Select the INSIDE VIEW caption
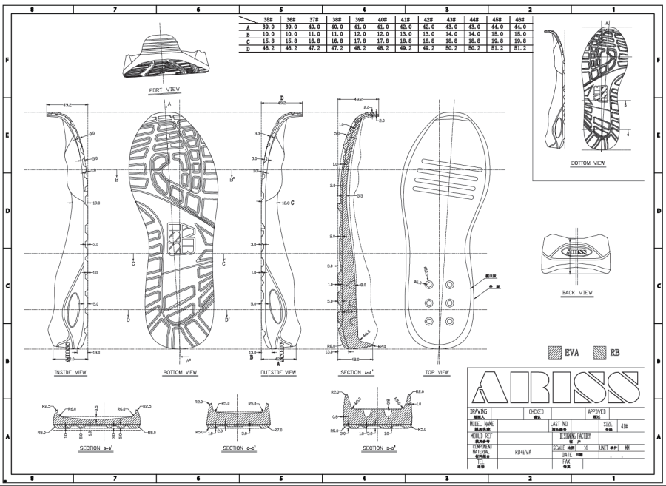click(x=70, y=372)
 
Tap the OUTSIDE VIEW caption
click(x=277, y=372)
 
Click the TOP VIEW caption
click(x=437, y=372)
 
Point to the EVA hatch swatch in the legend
click(x=555, y=352)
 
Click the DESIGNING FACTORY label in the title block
click(x=574, y=436)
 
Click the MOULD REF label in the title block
click(x=482, y=436)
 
